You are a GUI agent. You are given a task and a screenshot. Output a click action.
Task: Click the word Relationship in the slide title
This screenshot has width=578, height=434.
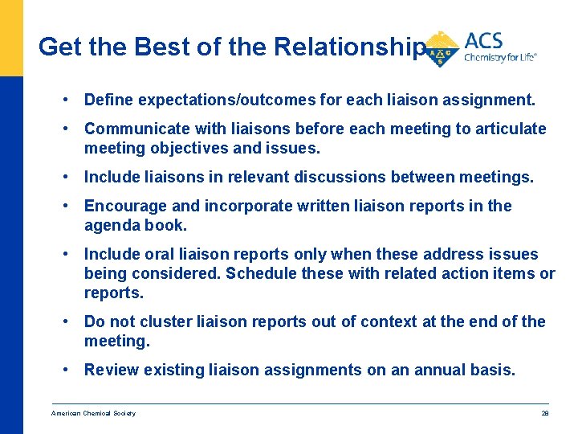(348, 47)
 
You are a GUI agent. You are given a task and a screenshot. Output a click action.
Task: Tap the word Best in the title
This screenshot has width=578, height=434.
(165, 47)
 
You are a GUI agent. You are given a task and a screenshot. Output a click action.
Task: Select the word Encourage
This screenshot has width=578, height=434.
(121, 206)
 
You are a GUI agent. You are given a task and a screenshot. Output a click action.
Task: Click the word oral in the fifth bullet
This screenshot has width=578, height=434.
(157, 254)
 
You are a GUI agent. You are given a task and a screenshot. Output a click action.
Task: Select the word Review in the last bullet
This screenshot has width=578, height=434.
(111, 370)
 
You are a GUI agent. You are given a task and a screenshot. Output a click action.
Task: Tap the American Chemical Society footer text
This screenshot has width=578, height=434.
(94, 413)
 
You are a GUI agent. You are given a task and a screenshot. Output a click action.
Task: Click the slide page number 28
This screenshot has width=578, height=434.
(543, 413)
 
